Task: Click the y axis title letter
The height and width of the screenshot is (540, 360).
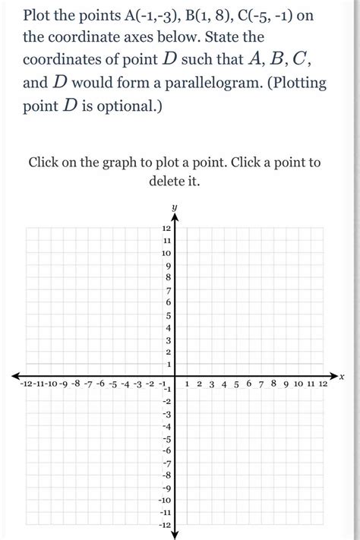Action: [174, 207]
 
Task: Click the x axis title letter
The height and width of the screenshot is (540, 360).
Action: [342, 377]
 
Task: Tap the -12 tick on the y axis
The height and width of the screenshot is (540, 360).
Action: [165, 526]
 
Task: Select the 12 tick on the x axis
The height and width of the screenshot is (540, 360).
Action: [323, 385]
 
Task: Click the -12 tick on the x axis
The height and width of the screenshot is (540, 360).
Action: [24, 385]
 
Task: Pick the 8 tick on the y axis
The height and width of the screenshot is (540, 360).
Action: [169, 277]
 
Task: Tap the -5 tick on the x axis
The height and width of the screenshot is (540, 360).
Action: [112, 385]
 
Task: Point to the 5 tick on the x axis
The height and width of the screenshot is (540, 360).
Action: [236, 385]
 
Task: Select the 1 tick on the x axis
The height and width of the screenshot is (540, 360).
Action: [187, 385]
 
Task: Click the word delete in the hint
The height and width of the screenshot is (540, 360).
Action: [160, 182]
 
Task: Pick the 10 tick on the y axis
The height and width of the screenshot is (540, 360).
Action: [166, 252]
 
